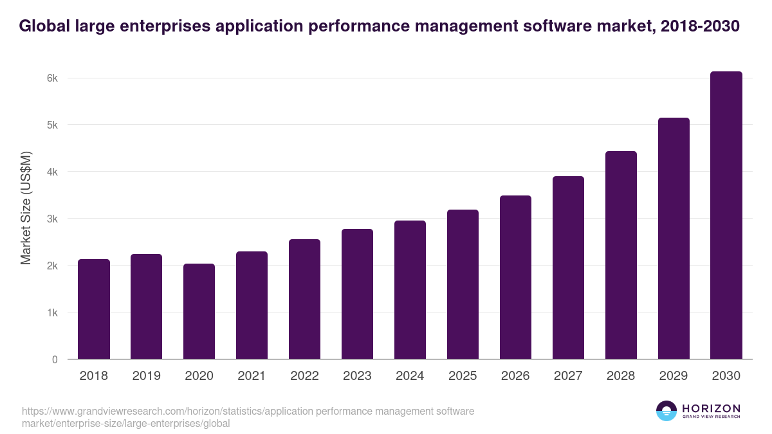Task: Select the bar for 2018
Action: tap(94, 309)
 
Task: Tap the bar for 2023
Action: tap(357, 294)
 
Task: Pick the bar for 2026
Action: tap(515, 277)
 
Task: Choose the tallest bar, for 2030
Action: tap(726, 215)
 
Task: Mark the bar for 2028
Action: tap(621, 255)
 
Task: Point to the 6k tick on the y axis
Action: tap(51, 78)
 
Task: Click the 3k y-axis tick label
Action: tap(51, 219)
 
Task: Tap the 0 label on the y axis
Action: tap(55, 359)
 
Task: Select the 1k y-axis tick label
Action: tap(51, 312)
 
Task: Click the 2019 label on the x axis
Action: tap(147, 376)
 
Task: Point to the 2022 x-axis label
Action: tap(304, 376)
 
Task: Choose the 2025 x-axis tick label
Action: tap(463, 376)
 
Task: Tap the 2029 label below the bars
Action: tap(674, 376)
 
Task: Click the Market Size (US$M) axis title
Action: tap(26, 208)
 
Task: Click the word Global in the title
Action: tap(45, 26)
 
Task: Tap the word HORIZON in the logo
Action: tap(711, 408)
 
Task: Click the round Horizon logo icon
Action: tap(666, 411)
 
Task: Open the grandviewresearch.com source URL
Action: tap(248, 417)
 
